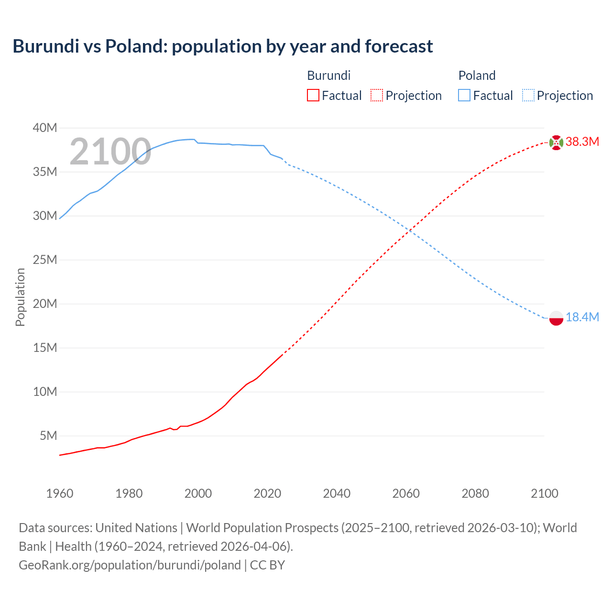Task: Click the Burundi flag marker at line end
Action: point(556,142)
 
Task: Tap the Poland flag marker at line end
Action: point(556,318)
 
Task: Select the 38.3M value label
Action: point(582,142)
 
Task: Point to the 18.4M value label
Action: point(582,317)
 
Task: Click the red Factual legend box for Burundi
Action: point(313,96)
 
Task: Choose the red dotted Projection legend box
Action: point(377,96)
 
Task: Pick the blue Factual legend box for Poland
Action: point(464,96)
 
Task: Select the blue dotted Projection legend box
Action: point(528,96)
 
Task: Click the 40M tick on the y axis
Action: point(45,128)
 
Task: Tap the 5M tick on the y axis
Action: point(48,436)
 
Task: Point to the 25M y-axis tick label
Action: point(45,260)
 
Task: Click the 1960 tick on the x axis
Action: point(60,493)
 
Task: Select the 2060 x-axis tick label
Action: point(406,493)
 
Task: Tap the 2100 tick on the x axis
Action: point(545,493)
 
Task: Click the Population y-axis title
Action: point(20,297)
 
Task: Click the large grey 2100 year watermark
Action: point(110,152)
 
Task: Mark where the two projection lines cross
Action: point(409,231)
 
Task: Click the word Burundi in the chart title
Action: point(45,46)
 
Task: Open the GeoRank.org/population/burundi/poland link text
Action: point(130,565)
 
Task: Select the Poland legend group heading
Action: point(477,76)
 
